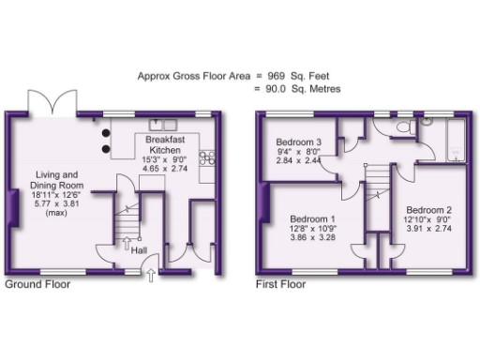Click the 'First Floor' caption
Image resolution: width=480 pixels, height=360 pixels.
tap(281, 284)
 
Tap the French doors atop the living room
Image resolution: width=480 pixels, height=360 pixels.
tap(61, 102)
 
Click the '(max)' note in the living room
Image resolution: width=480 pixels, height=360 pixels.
tap(57, 215)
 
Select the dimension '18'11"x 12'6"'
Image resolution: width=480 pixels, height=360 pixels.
tap(57, 194)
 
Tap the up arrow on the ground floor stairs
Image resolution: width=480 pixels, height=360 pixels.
tap(126, 244)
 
